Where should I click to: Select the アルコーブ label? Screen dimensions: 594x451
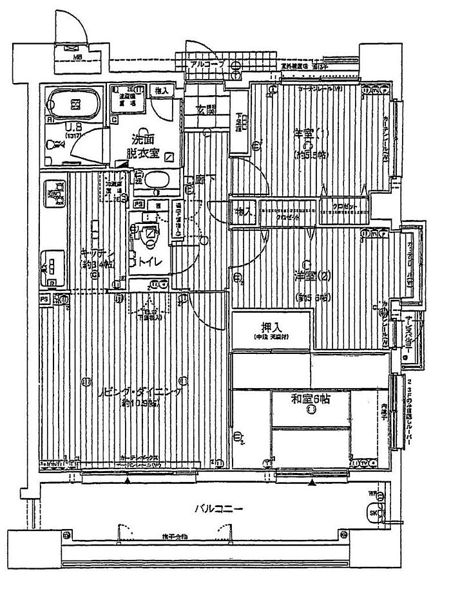tap(206, 65)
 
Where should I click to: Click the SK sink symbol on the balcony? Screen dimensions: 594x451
tap(374, 513)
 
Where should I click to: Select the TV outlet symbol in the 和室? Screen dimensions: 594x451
tap(364, 463)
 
